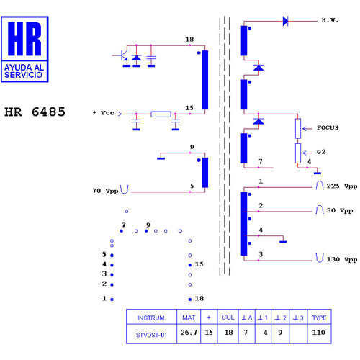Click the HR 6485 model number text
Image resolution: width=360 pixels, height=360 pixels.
(x=35, y=112)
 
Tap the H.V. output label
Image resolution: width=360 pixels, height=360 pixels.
(x=330, y=20)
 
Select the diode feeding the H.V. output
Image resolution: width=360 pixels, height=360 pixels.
(x=285, y=21)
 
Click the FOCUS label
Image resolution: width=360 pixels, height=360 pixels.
(x=328, y=127)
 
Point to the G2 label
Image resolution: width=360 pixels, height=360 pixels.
(x=321, y=152)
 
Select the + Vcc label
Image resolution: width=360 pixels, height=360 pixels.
(x=104, y=113)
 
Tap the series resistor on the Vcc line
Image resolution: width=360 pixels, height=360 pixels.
(x=161, y=114)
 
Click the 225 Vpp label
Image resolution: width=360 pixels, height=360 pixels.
(x=342, y=186)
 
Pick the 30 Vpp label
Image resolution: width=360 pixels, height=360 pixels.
(x=340, y=211)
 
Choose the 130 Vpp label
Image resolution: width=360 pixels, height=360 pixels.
(x=342, y=260)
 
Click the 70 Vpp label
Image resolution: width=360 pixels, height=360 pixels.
(x=106, y=191)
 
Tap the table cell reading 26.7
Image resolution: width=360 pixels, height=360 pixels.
(x=189, y=333)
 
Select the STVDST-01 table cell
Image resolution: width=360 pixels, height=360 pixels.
(x=151, y=335)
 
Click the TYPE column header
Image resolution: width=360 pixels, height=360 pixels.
(x=319, y=318)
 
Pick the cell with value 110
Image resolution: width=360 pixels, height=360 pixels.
(x=318, y=333)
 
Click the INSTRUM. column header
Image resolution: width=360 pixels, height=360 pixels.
(x=151, y=318)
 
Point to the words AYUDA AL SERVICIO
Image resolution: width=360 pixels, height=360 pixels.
(x=24, y=71)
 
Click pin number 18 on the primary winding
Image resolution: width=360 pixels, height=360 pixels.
(x=189, y=40)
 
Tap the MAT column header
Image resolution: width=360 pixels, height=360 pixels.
(x=189, y=318)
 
